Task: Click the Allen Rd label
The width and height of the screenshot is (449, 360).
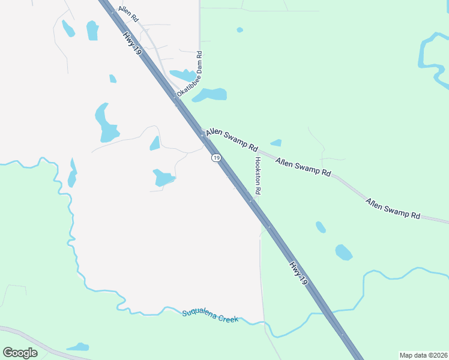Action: coord(128,14)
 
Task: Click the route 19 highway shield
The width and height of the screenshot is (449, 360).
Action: coord(215,157)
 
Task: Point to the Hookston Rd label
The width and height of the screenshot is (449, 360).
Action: coord(258,175)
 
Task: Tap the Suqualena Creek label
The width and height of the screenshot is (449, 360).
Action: coord(210,316)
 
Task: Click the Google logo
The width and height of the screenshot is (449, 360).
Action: coord(20,353)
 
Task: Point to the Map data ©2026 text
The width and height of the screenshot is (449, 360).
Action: coord(423,355)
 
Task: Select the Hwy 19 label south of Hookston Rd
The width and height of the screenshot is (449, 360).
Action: coord(298,272)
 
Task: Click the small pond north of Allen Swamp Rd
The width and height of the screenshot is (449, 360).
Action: coord(276,143)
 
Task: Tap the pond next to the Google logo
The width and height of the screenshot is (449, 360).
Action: coord(78,347)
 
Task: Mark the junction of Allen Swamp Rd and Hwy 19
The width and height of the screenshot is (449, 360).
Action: coord(203,136)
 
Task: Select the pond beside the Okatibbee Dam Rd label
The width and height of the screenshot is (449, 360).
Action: coord(210,95)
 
